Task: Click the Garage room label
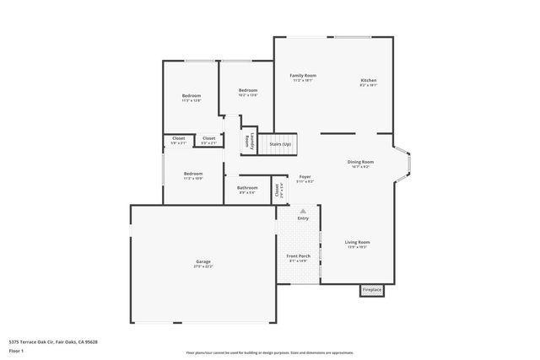click(202, 262)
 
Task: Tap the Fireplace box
click(371, 290)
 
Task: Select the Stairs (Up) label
click(280, 144)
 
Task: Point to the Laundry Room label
click(247, 142)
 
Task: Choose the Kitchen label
click(369, 80)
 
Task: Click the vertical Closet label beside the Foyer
click(278, 190)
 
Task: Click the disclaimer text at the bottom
click(269, 352)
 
